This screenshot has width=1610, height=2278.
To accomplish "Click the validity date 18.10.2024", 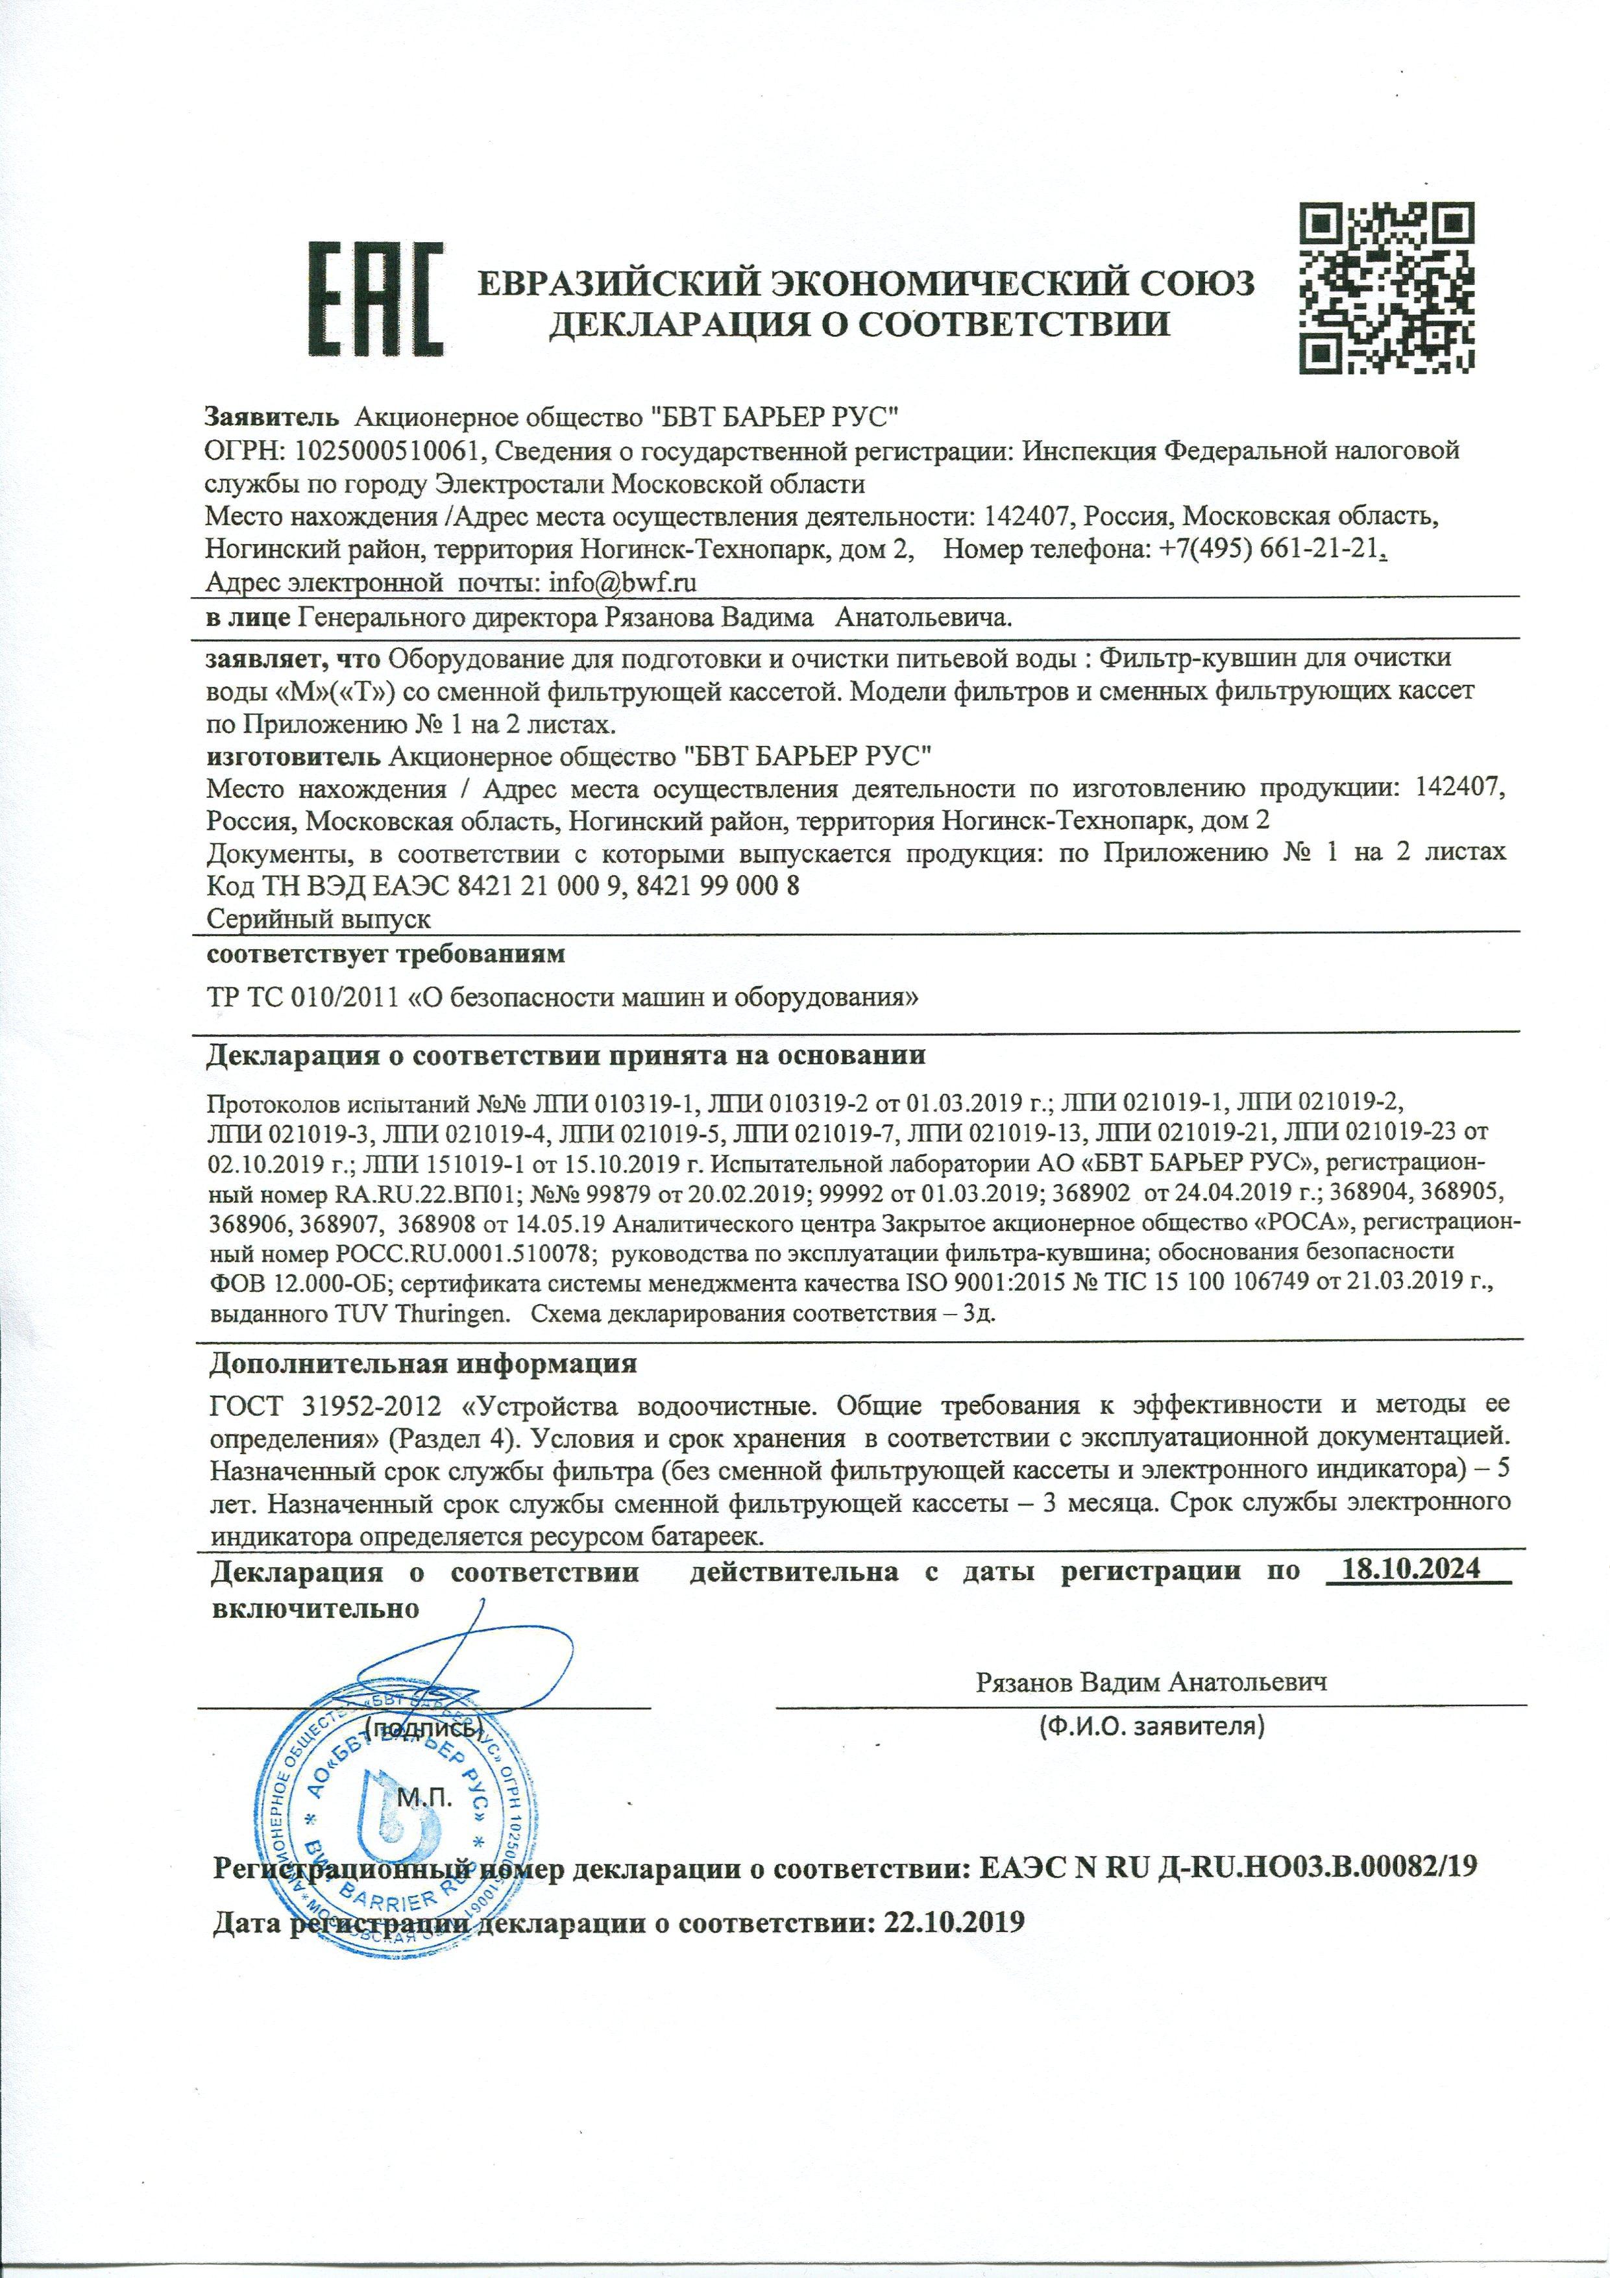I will click(x=1409, y=1570).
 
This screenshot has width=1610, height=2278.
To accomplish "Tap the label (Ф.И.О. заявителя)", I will click(x=1151, y=1726).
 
